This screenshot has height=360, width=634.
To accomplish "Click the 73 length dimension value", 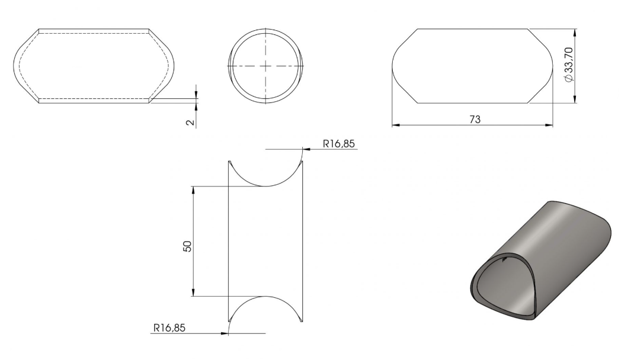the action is [475, 120].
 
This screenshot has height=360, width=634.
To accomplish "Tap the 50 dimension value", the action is [187, 246].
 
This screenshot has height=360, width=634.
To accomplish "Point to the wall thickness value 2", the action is [190, 122].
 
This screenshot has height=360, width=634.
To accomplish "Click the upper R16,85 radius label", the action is [339, 143].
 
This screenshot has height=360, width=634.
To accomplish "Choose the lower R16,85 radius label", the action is [169, 327].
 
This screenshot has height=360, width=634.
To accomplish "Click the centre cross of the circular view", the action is [265, 66].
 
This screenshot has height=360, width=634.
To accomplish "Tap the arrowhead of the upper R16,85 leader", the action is [306, 149].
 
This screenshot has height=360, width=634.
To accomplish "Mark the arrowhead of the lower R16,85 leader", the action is [225, 333].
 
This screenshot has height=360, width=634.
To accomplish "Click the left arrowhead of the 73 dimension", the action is [395, 126].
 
